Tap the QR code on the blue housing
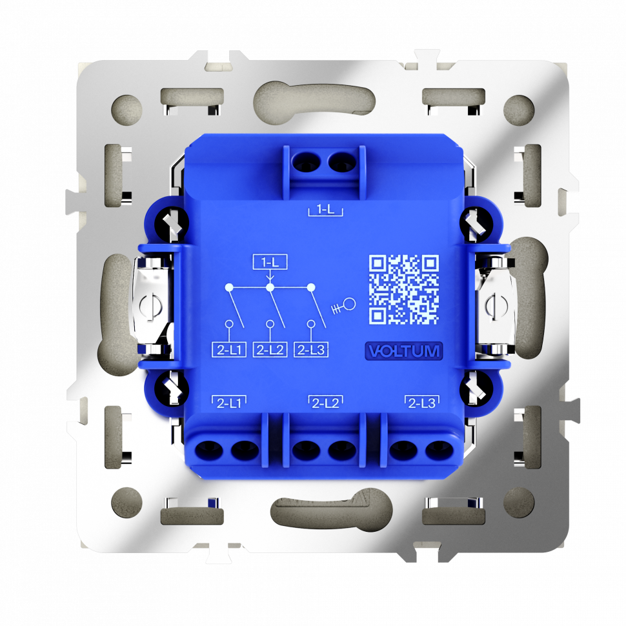[x=404, y=290]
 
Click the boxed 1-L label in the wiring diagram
[x=270, y=262]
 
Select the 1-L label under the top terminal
[x=325, y=209]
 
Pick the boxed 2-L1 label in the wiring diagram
[x=229, y=350]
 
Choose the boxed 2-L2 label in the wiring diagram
[x=270, y=350]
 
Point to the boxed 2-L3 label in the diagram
[x=311, y=350]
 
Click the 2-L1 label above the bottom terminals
[x=229, y=403]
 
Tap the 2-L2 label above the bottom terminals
[x=325, y=403]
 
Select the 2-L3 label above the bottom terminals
[x=423, y=403]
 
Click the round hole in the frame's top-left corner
[x=126, y=108]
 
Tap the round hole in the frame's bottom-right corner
[x=519, y=501]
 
